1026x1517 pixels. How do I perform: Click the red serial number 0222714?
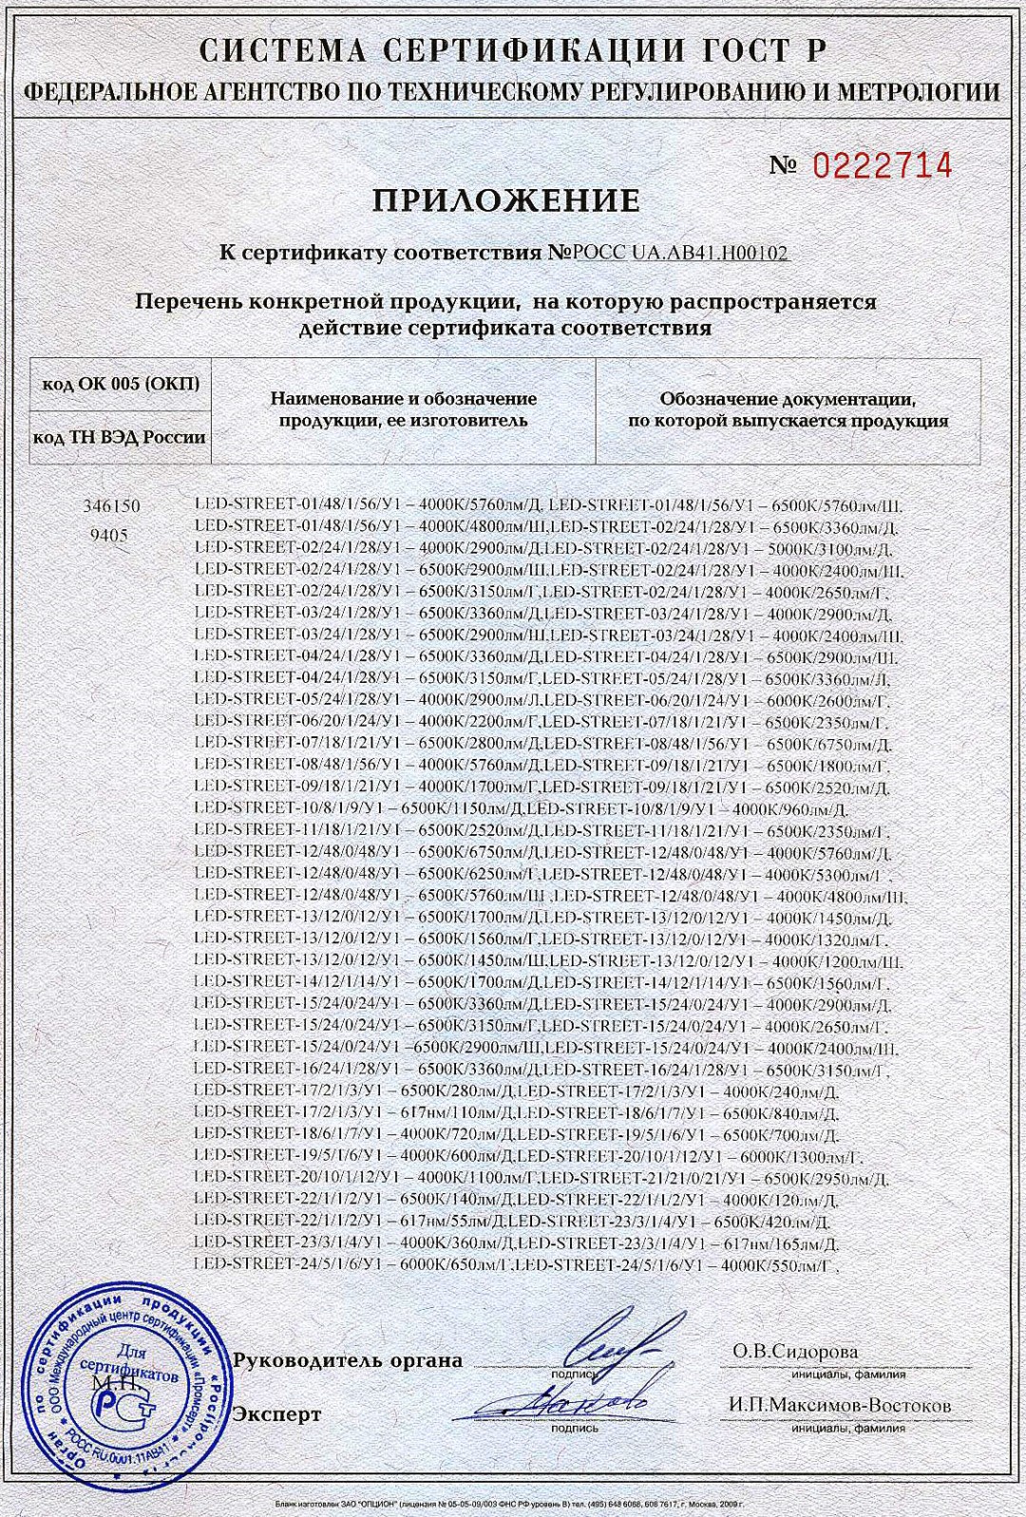point(881,165)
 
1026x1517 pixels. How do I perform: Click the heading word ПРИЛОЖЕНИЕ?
point(505,201)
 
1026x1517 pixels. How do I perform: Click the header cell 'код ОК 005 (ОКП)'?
point(122,384)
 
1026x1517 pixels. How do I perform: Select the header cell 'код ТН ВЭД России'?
point(120,437)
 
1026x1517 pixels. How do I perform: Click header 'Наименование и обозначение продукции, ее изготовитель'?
point(404,409)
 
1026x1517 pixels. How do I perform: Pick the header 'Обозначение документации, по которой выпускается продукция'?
point(788,410)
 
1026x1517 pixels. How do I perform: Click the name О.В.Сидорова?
point(795,1351)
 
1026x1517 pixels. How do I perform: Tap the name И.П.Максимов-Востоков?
point(840,1405)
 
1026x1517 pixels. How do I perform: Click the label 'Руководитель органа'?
point(348,1360)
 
